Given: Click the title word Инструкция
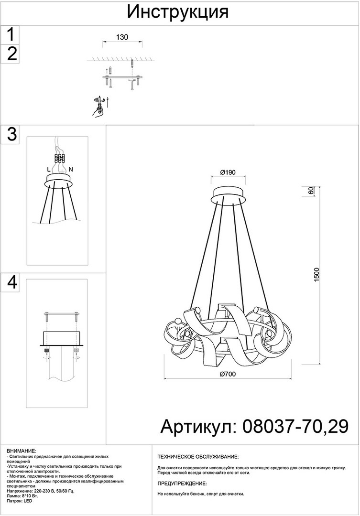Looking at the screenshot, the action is pos(178,12).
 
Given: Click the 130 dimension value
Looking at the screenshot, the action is pos(122,37).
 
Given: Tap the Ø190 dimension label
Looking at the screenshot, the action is pos(228,172).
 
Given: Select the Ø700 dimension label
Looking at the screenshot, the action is pos(228,374).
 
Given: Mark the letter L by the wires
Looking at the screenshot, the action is pos(49,170).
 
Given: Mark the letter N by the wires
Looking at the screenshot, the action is pos(70,170).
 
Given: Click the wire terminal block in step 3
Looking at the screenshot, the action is pos(59,159).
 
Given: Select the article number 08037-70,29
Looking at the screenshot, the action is pos(295,427).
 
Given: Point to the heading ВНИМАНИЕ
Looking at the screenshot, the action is pos(22,451).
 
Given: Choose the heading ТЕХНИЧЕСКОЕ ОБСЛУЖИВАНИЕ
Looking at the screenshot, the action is pos(198,457).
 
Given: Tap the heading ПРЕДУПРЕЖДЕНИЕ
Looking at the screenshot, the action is pos(182,484).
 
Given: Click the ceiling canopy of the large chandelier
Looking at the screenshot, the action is pos(228,195).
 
